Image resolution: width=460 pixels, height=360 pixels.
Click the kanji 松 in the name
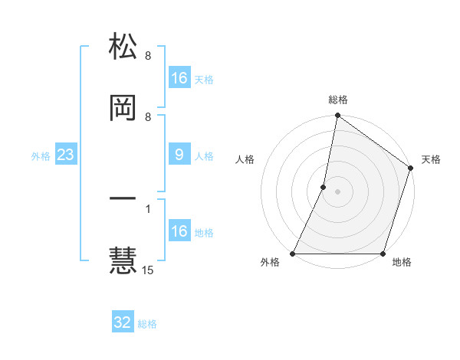point(123,47)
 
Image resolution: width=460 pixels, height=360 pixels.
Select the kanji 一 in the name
point(123,200)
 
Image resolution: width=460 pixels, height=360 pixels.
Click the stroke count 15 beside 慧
point(148,270)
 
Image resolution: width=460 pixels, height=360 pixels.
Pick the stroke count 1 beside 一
point(148,208)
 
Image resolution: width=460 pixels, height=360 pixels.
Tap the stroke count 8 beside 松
point(148,56)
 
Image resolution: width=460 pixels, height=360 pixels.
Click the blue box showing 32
point(123,322)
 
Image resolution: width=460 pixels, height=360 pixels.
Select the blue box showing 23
point(66,155)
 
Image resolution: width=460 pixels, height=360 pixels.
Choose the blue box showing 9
point(179,155)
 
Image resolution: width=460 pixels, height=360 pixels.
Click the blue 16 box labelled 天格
point(179,78)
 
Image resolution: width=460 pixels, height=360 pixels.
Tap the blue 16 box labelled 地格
point(179,231)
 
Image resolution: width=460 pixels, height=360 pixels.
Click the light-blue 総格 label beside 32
point(148,324)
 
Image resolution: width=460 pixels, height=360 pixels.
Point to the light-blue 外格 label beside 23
point(41,156)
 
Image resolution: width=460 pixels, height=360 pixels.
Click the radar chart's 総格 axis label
point(338,100)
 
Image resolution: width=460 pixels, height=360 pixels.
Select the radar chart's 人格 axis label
point(245,159)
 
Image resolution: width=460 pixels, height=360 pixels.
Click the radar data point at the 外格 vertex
point(293,254)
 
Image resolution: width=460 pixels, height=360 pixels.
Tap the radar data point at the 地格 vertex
point(383,254)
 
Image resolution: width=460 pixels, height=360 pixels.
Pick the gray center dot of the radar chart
point(338,191)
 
